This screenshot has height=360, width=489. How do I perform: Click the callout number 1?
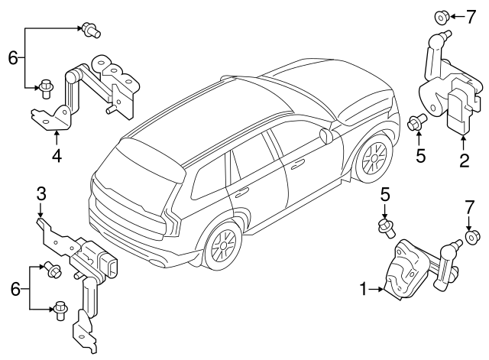(363, 289)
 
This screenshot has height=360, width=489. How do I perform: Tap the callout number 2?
(463, 161)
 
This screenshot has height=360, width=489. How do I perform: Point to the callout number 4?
(57, 158)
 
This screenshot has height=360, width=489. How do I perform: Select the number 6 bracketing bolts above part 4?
(11, 57)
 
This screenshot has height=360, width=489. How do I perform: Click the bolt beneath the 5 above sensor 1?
(385, 225)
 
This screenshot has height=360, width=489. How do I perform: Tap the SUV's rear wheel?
(222, 246)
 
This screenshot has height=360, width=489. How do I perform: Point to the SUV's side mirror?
(325, 136)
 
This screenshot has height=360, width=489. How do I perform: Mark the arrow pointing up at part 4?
(57, 138)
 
